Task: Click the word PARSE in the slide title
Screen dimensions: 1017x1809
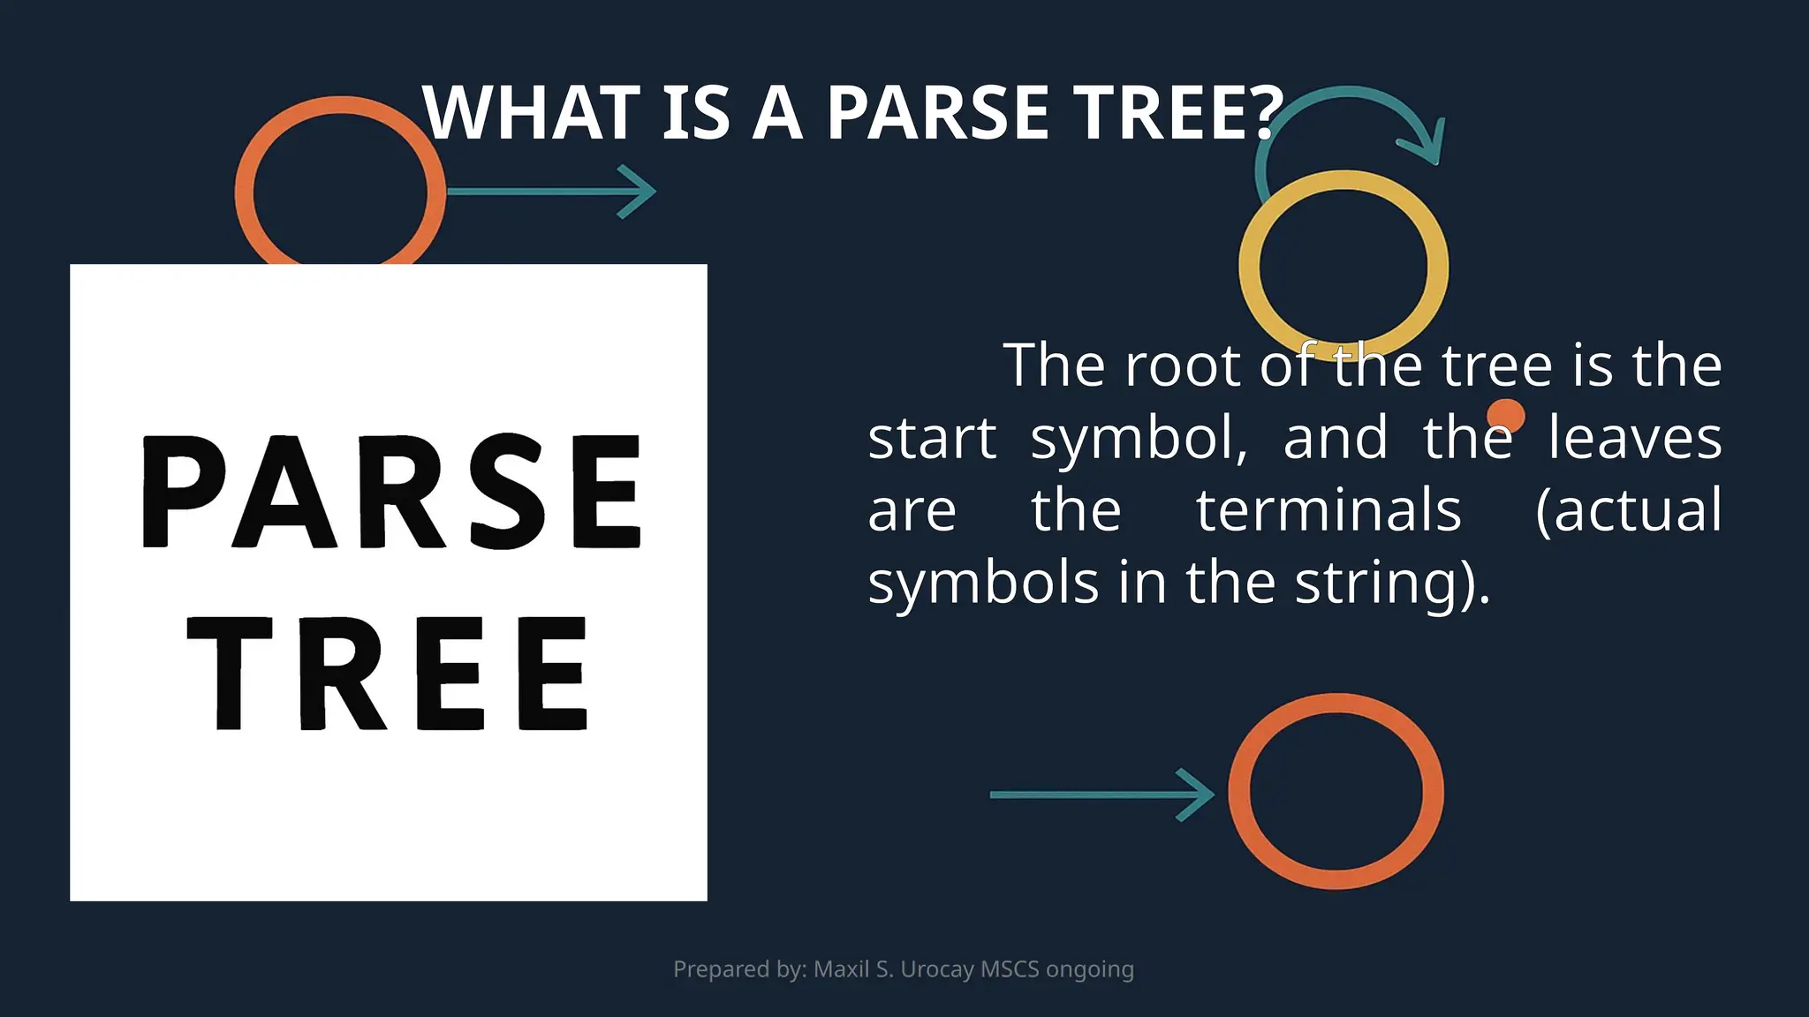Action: point(937,114)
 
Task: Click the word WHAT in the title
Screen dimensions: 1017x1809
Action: point(531,114)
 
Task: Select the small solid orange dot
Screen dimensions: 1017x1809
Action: point(1505,415)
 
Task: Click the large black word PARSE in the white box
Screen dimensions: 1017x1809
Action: point(390,491)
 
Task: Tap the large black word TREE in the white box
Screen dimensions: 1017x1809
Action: point(389,673)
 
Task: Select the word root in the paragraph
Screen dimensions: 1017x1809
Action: point(1182,365)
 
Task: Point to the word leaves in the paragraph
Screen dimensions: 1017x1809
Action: point(1634,438)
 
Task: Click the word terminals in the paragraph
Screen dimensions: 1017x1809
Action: point(1328,510)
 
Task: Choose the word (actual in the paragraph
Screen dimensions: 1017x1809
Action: point(1629,510)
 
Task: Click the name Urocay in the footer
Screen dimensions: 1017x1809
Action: point(937,969)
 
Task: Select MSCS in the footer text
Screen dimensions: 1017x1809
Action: point(1010,969)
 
